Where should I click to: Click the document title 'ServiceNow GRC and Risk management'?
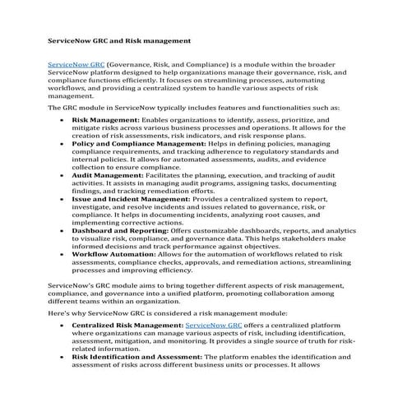(119, 39)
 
